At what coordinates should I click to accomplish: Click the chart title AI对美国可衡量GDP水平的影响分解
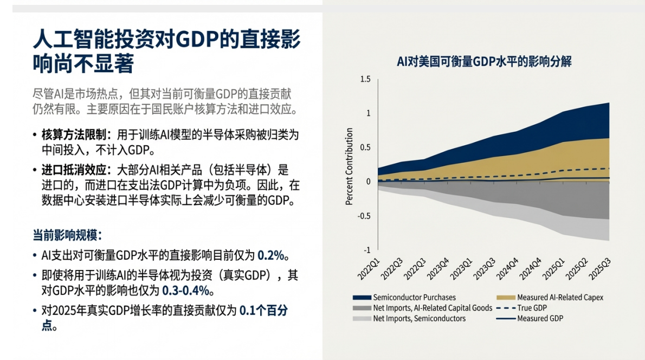point(484,61)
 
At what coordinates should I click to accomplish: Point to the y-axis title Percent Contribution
point(350,166)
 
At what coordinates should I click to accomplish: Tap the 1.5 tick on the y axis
point(365,79)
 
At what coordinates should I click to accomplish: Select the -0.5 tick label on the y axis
point(364,216)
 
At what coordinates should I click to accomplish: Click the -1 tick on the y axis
point(367,250)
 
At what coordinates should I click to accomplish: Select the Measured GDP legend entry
point(540,318)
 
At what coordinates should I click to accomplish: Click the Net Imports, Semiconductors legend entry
point(419,318)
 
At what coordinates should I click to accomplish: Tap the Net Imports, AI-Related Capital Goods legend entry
point(433,308)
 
